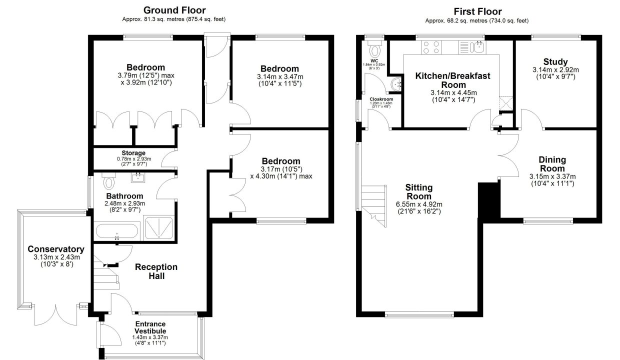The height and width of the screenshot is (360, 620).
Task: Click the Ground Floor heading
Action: (x=174, y=10)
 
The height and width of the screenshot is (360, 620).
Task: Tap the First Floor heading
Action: (x=477, y=11)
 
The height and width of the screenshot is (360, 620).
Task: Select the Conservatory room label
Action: (x=56, y=249)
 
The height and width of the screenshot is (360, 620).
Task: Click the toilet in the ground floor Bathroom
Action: (x=108, y=180)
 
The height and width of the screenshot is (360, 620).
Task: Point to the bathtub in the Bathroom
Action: (x=117, y=231)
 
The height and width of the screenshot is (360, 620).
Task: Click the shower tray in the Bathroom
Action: (x=159, y=228)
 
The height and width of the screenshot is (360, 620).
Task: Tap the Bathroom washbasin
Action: (x=138, y=177)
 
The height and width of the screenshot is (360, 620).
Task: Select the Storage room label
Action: (x=133, y=153)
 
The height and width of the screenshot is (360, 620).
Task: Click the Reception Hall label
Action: (x=156, y=271)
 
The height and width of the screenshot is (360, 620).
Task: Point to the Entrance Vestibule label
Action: (x=150, y=327)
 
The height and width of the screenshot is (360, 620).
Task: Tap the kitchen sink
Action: (x=472, y=47)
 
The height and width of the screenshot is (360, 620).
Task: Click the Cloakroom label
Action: (x=381, y=99)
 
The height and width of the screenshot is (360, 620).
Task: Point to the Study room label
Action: (x=555, y=61)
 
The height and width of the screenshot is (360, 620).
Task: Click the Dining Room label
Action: (x=552, y=164)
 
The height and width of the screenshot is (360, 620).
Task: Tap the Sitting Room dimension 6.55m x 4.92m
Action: (x=419, y=204)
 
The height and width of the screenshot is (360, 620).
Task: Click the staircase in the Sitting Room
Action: (x=374, y=206)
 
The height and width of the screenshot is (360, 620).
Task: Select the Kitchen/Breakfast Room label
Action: (x=453, y=80)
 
